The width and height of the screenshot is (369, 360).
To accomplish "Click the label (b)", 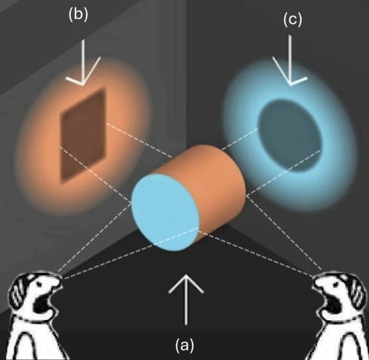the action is tap(78, 15).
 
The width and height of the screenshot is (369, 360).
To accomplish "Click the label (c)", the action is tap(293, 19).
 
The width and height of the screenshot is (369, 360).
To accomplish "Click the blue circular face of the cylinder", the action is tap(165, 212).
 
